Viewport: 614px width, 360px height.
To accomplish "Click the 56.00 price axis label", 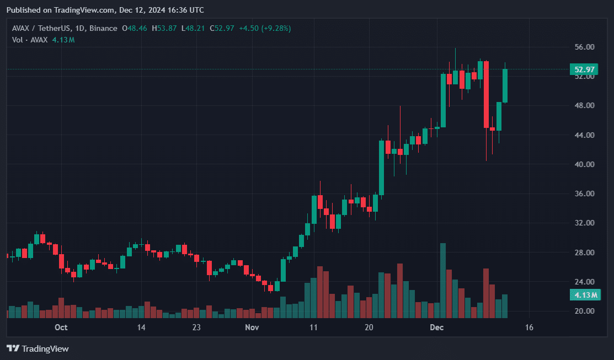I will [x=585, y=47].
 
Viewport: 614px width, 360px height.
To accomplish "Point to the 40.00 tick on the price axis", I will [x=585, y=164].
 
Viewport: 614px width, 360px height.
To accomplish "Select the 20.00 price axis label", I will [x=585, y=311].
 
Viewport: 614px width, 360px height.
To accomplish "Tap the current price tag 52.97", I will [x=584, y=69].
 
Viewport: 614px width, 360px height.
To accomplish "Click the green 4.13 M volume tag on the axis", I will [x=584, y=295].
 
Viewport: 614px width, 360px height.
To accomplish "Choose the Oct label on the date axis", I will [x=61, y=327].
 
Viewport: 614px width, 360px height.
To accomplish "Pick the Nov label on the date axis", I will [x=252, y=327].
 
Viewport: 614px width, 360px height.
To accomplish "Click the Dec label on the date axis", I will [x=437, y=327].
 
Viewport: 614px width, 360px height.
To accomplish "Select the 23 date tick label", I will [x=196, y=327].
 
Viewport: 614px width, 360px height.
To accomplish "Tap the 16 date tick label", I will [x=529, y=327].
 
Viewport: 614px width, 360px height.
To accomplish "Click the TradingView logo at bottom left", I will [x=38, y=348].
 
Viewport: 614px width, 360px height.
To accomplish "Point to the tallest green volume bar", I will [x=443, y=280].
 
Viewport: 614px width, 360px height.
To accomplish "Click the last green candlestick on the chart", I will [x=505, y=86].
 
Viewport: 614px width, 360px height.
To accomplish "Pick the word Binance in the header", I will [x=103, y=28].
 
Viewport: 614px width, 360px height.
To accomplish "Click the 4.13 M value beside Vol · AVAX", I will [x=63, y=40].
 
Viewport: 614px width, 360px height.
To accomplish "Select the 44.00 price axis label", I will [x=585, y=135].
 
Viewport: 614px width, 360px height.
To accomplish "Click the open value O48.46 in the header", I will [x=135, y=28].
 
